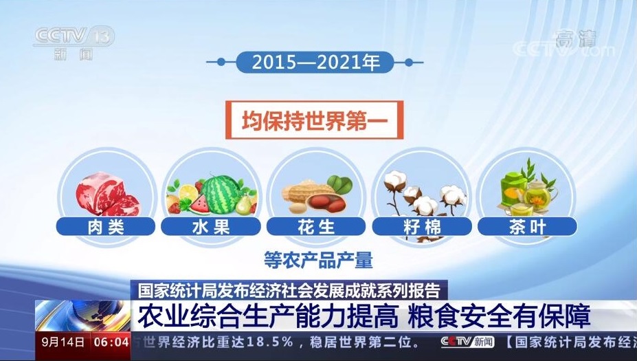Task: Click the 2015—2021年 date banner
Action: [x=315, y=62]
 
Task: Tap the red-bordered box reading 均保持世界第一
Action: [x=315, y=120]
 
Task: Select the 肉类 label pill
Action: [x=106, y=226]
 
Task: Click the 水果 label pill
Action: [x=211, y=226]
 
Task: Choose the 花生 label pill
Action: [x=316, y=226]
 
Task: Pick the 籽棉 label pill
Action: [x=422, y=226]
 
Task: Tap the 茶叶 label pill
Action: [x=527, y=226]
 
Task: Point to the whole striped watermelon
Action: [x=221, y=195]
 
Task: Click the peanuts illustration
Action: [x=315, y=197]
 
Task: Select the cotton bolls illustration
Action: [x=425, y=195]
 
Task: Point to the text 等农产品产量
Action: [x=318, y=260]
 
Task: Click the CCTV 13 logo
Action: [x=74, y=43]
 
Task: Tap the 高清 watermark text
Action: [x=576, y=39]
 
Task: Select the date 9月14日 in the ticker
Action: [x=63, y=342]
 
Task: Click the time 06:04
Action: [x=111, y=342]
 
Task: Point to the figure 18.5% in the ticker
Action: [x=269, y=342]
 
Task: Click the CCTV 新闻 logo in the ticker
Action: [x=467, y=342]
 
